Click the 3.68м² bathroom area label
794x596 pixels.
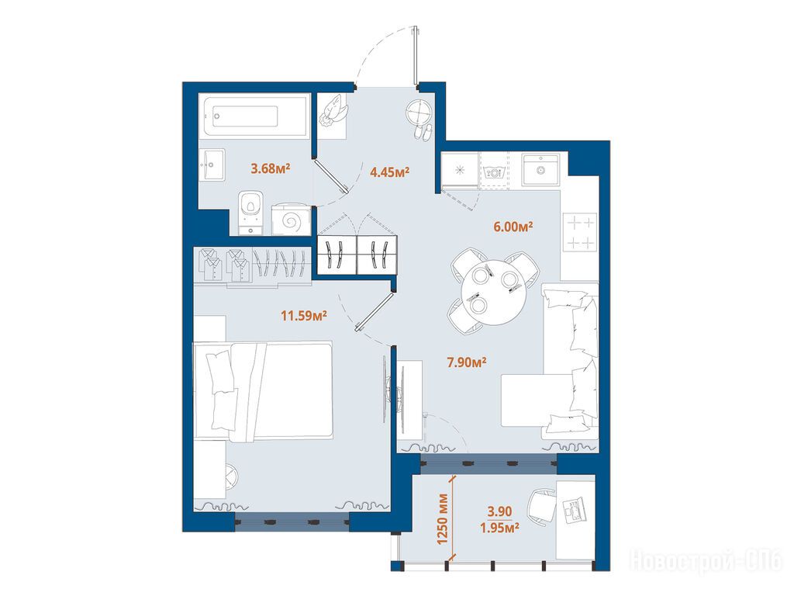point(271,168)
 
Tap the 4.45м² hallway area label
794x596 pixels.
point(389,172)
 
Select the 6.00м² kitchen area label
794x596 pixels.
point(513,226)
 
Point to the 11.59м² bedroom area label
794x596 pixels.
point(304,316)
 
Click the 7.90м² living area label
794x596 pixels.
point(466,362)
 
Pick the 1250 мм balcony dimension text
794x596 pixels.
point(443,518)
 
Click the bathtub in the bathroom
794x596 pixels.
point(254,116)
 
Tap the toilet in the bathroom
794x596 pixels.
point(250,213)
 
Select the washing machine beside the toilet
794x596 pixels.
point(291,220)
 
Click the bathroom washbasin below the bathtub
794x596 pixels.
point(212,165)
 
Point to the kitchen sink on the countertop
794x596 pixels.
point(540,170)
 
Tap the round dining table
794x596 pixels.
point(492,292)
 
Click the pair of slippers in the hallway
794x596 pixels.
point(423,132)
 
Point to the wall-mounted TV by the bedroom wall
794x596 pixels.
point(385,390)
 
